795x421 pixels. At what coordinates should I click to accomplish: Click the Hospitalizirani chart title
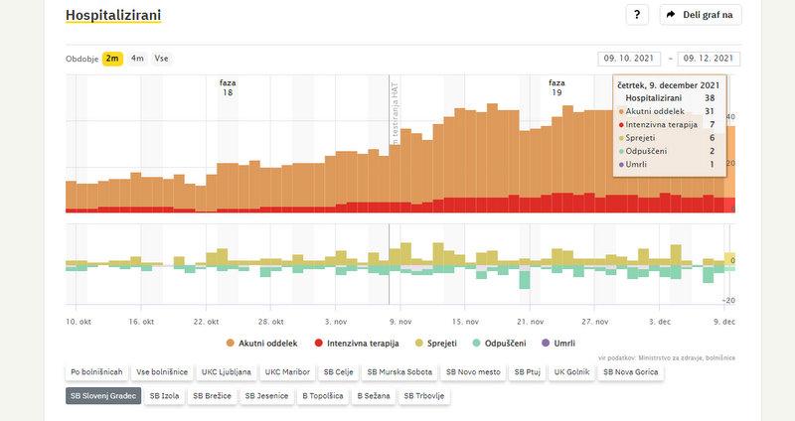click(112, 15)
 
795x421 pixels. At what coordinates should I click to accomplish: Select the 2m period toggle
click(113, 59)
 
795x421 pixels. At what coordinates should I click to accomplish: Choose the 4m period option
click(137, 59)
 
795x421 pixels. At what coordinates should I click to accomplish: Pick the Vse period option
click(161, 59)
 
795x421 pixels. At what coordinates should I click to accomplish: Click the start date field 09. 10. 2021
click(631, 59)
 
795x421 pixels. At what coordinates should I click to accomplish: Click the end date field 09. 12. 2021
click(710, 59)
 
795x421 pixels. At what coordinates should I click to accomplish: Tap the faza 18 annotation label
click(228, 87)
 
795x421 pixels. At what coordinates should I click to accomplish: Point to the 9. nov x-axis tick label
click(398, 322)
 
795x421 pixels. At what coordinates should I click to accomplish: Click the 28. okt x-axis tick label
click(271, 322)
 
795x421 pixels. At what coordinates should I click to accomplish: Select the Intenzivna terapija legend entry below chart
click(356, 344)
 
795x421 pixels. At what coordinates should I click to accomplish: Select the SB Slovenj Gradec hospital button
click(101, 396)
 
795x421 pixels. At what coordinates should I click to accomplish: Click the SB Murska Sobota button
click(397, 372)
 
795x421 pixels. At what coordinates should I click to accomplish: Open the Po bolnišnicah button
click(96, 372)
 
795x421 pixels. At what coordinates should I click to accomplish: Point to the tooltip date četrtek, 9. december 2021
click(668, 85)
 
